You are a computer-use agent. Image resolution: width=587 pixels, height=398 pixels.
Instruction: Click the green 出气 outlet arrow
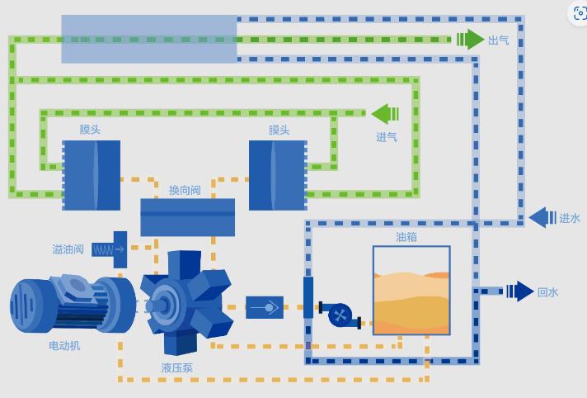click(x=471, y=39)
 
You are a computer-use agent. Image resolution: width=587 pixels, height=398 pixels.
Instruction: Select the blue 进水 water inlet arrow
click(x=542, y=218)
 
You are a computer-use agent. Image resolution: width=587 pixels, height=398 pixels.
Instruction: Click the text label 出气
click(x=499, y=40)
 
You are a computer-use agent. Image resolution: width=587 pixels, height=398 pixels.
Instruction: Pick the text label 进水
click(x=570, y=219)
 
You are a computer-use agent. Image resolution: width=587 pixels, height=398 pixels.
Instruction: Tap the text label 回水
click(x=548, y=292)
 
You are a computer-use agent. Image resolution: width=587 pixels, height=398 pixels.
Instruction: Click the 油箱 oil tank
click(x=411, y=290)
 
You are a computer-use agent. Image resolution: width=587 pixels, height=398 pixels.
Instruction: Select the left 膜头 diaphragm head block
click(x=92, y=175)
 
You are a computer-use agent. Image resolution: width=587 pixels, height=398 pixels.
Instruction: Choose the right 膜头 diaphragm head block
click(x=278, y=175)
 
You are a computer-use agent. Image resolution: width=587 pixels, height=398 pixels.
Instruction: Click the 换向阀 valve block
click(x=187, y=217)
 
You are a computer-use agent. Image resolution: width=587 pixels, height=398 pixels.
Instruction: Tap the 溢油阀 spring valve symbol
click(x=109, y=249)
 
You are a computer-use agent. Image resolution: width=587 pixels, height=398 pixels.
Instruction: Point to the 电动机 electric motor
click(x=72, y=304)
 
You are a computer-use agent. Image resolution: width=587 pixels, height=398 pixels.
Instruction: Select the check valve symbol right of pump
click(x=264, y=307)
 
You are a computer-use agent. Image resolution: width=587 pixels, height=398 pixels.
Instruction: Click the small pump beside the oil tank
click(x=340, y=315)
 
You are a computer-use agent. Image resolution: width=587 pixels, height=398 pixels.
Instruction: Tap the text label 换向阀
click(x=185, y=191)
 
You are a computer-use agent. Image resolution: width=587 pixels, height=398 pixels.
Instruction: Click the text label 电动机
click(x=64, y=346)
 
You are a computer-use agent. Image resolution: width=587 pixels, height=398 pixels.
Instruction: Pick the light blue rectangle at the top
click(x=149, y=39)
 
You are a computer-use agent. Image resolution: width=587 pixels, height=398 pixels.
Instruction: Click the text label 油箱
click(x=406, y=237)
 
